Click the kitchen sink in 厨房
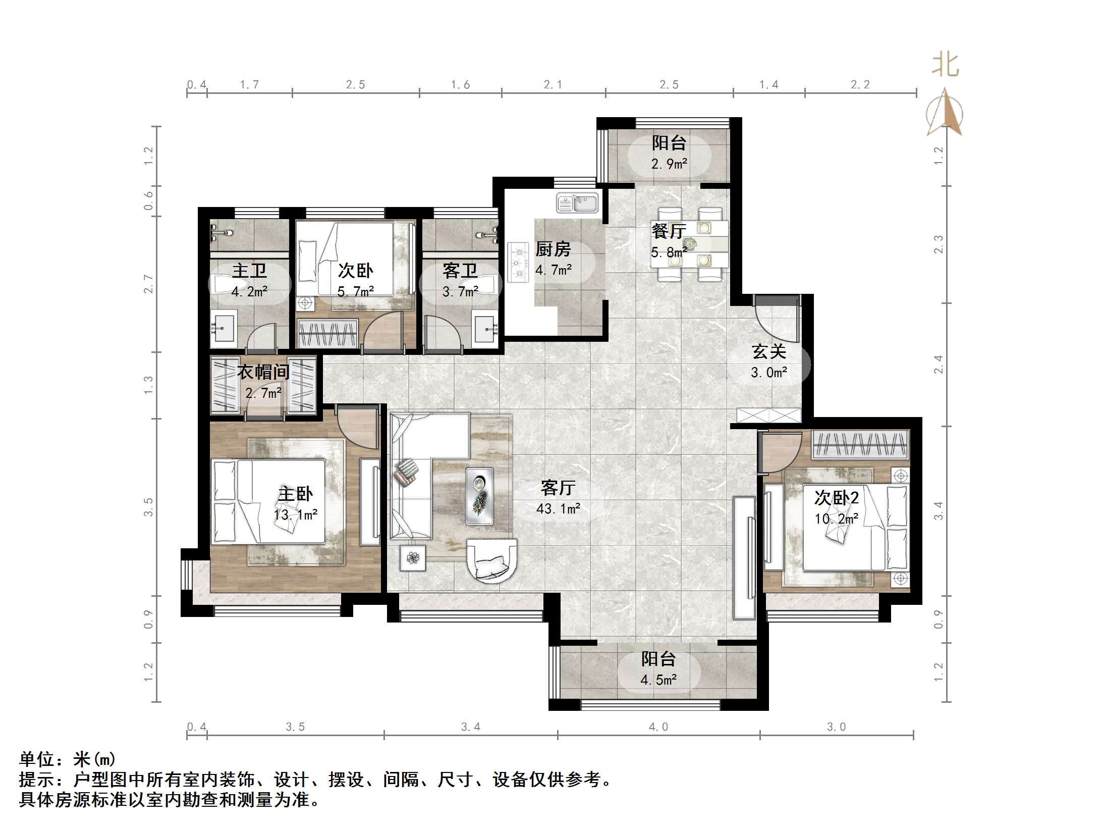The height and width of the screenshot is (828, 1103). pyautogui.click(x=577, y=203)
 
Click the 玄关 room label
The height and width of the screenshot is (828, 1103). pyautogui.click(x=768, y=351)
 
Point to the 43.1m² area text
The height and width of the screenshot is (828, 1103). pyautogui.click(x=558, y=508)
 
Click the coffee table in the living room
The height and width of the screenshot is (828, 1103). pyautogui.click(x=479, y=495)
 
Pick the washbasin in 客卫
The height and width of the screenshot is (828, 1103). pyautogui.click(x=484, y=329)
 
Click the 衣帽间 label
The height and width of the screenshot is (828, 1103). pyautogui.click(x=263, y=372)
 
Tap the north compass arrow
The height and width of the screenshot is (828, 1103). pyautogui.click(x=945, y=112)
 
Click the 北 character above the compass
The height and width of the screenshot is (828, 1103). pyautogui.click(x=945, y=66)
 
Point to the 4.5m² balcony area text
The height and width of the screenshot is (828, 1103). pyautogui.click(x=658, y=680)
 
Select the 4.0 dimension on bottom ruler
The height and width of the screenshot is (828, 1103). pyautogui.click(x=658, y=727)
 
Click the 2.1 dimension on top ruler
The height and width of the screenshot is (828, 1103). pyautogui.click(x=553, y=84)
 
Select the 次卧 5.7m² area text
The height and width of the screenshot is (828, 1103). pyautogui.click(x=355, y=291)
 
